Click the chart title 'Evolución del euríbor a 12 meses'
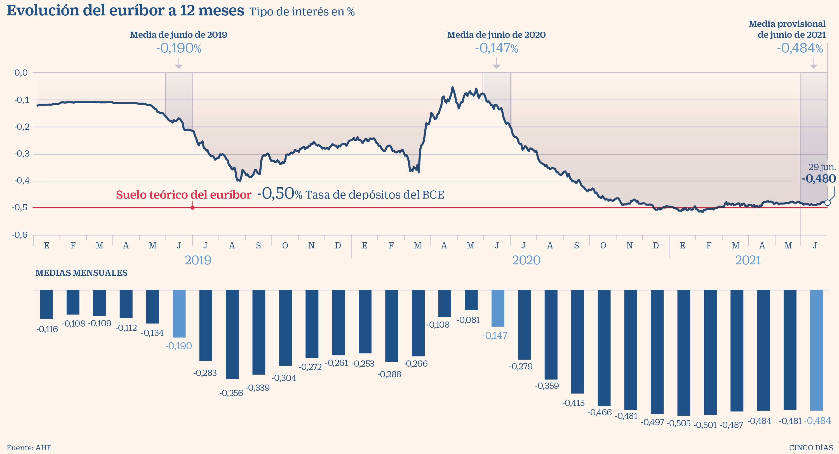point(125,10)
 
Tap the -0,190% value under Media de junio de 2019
point(178,48)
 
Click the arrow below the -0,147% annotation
point(496,63)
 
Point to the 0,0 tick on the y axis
point(21,73)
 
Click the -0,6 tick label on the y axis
point(20,235)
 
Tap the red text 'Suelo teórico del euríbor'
point(183,195)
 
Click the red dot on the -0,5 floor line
point(192,208)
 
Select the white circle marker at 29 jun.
point(827,203)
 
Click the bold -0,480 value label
point(819,179)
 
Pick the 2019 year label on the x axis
point(198,260)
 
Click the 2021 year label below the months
point(748,260)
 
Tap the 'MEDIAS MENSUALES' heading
point(81,273)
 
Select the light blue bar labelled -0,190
point(179,314)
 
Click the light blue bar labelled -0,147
point(498,308)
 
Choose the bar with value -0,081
point(471,300)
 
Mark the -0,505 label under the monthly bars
point(678,423)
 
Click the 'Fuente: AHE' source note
point(29,448)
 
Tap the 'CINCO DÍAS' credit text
point(811,448)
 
